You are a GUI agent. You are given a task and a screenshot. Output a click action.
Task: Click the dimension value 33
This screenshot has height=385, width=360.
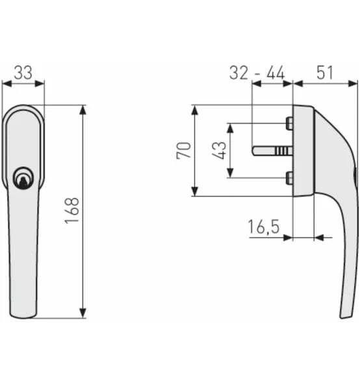[23, 72]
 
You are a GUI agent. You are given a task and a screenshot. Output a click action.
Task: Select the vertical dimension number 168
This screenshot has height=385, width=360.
[72, 211]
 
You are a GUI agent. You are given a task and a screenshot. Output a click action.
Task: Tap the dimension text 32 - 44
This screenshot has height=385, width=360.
[257, 72]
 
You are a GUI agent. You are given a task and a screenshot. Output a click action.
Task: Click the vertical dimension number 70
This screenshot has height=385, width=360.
[184, 150]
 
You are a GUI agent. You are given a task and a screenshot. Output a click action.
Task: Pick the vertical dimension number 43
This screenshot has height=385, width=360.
[219, 150]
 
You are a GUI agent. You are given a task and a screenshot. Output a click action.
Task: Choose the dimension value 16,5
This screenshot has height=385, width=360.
[263, 227]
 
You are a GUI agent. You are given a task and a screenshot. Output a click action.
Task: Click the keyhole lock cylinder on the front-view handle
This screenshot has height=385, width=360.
[23, 178]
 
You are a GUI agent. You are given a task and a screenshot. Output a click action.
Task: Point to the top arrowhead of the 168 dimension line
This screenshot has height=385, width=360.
[83, 109]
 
